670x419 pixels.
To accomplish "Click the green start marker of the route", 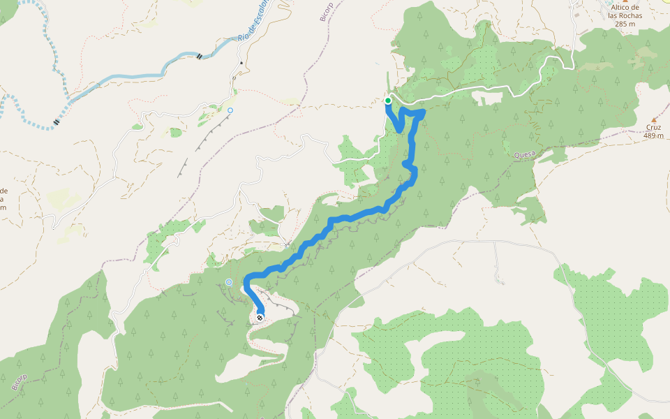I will point(388,101).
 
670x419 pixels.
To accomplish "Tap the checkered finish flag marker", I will point(260,318).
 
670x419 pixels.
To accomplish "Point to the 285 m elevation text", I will point(625,24).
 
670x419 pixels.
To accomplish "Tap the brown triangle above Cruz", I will point(654,119).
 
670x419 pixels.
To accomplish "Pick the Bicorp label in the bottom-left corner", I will point(19,381).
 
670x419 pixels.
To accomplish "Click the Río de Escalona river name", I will point(253,24).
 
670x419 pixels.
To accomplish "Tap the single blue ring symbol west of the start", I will point(230,110).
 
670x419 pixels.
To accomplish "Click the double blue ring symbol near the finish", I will point(228,282).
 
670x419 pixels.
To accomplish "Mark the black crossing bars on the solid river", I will point(200,56).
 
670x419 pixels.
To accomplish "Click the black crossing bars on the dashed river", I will point(56,122).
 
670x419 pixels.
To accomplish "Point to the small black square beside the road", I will point(241,63).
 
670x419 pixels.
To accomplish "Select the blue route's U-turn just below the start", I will point(399,128).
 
